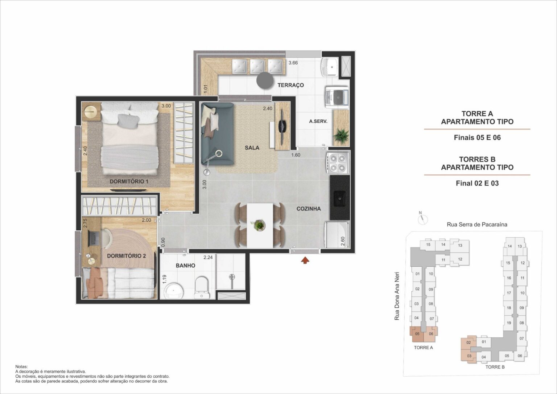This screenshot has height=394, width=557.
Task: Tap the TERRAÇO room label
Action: (290, 85)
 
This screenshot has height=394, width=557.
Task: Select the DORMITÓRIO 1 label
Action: (129, 181)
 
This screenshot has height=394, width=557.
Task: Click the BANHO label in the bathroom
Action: (185, 266)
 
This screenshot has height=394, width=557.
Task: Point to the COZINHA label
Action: (309, 209)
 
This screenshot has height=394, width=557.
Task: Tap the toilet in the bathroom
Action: (202, 287)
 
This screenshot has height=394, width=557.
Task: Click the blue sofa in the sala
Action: (217, 132)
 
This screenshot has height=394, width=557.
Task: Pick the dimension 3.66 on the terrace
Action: (293, 63)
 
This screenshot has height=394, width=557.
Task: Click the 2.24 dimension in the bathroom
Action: (208, 258)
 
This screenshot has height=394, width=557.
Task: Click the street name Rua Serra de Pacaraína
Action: (477, 225)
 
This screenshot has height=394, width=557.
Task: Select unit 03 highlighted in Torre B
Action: (469, 356)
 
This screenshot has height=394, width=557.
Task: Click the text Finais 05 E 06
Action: (477, 138)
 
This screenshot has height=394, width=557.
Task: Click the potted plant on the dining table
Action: (259, 225)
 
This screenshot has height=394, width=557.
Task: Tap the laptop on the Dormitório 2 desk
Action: (94, 238)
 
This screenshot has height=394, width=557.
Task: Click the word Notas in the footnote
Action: (21, 367)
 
